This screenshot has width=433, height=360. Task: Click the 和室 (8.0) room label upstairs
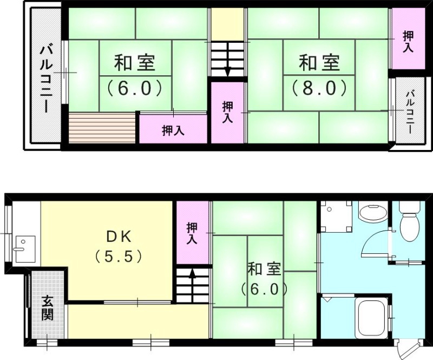[x=320, y=64]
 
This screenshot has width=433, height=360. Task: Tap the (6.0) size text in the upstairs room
[x=135, y=87]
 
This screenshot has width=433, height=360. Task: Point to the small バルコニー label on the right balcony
[x=410, y=114]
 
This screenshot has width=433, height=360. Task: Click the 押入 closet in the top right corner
[x=408, y=41]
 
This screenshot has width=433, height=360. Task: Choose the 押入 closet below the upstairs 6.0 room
[x=173, y=130]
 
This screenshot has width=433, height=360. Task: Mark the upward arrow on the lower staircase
[x=192, y=279]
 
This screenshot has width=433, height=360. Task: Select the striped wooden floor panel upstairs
[x=101, y=128]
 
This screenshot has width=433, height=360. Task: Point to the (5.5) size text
[x=119, y=255]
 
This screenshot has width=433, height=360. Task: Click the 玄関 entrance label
[x=47, y=307]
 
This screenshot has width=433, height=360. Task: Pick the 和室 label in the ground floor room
[x=264, y=269]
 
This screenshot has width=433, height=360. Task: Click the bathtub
[x=371, y=316]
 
